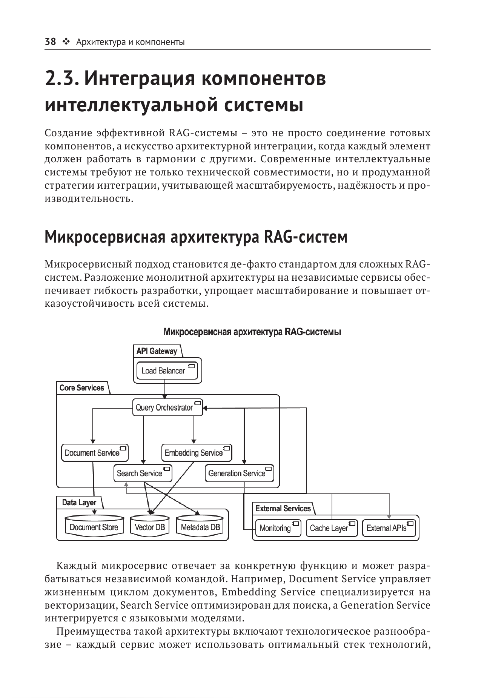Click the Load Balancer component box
pos(167,371)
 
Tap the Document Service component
pos(95,453)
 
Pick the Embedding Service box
pos(197,453)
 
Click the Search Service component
pos(143,473)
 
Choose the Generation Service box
pos(239,473)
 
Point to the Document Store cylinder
pos(94,527)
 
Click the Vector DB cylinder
pos(150,527)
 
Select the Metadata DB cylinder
pos(200,527)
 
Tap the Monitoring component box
pos(278,528)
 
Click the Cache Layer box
pos(331,528)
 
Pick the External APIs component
pos(389,528)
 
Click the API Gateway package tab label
pos(157,351)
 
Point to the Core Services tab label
pos(82,388)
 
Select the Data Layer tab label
pos(79,503)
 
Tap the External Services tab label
pos(283,509)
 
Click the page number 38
pos(50,42)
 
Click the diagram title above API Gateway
pos(252,332)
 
